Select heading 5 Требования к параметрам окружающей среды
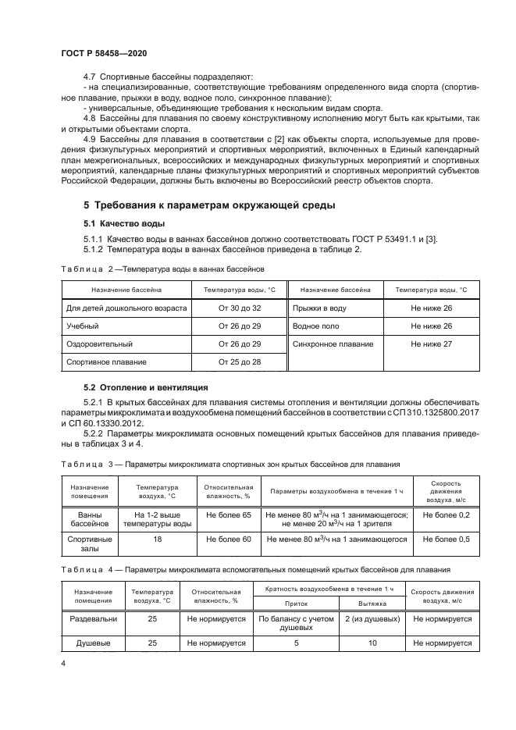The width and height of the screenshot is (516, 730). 209,205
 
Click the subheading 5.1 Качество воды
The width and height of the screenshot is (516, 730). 122,224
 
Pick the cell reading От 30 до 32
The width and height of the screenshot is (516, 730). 240,308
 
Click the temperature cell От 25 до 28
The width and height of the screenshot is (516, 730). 240,361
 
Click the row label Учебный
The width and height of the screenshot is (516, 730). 83,326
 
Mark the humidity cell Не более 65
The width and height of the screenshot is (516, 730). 229,515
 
